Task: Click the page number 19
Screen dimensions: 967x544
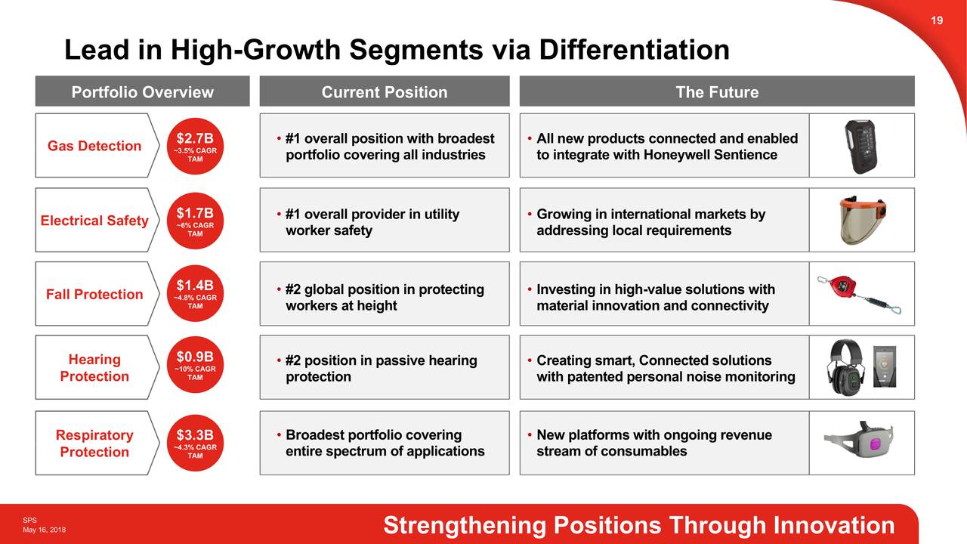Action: point(937,20)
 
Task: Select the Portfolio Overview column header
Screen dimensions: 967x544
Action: point(143,91)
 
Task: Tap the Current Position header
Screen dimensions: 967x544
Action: point(385,91)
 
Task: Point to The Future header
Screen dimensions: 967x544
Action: point(717,91)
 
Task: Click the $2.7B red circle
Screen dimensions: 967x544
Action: point(195,146)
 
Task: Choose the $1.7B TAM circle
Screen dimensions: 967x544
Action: point(195,221)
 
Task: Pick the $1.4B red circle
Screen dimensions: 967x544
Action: point(195,293)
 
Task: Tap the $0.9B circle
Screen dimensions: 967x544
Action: point(195,364)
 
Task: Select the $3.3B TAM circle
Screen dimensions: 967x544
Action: point(195,443)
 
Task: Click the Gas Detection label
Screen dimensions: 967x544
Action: point(94,146)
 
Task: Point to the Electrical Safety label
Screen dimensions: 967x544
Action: point(94,221)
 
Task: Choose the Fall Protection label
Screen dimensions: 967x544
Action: point(94,295)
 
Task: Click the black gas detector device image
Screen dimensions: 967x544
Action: point(860,146)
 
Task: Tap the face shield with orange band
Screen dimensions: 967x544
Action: point(862,220)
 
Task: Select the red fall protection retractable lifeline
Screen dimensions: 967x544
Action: point(859,295)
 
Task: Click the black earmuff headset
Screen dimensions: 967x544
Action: point(845,367)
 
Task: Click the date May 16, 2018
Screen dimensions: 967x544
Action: point(44,530)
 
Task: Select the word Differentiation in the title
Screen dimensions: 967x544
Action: point(634,50)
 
